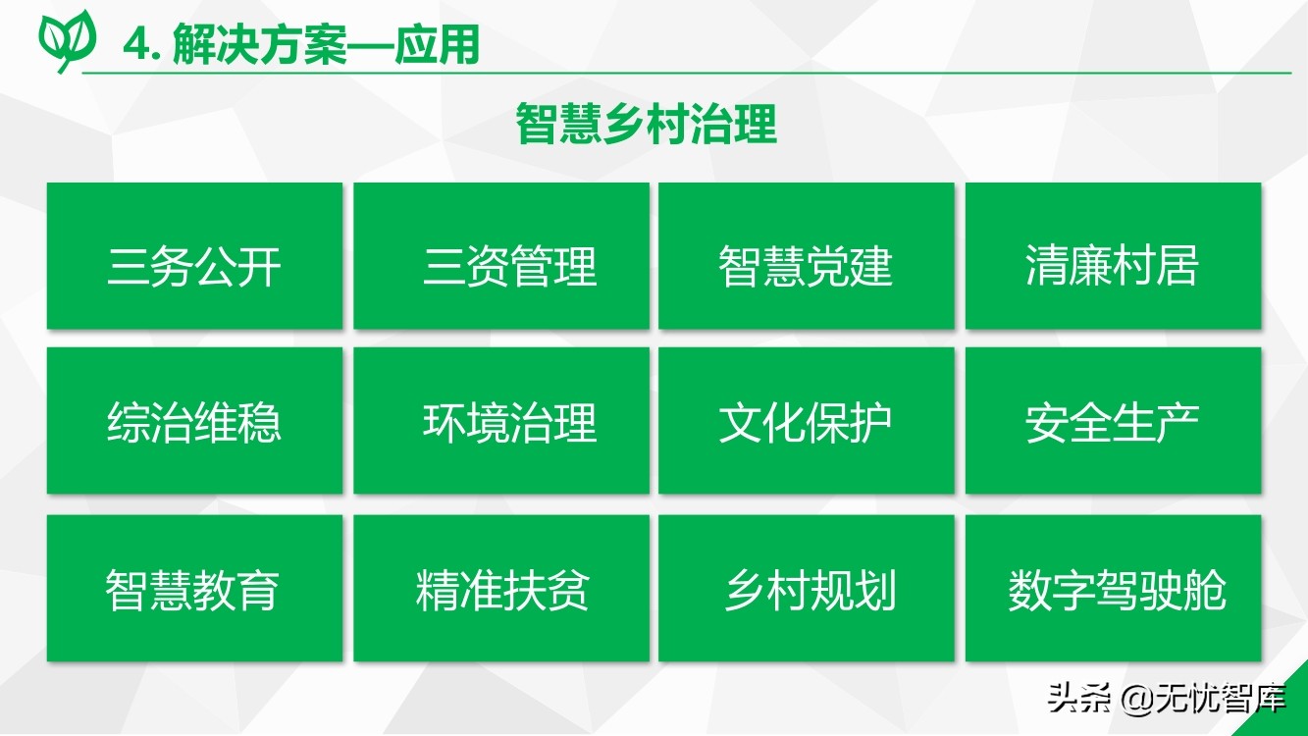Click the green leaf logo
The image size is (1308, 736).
[67, 41]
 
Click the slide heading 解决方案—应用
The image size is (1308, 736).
[326, 44]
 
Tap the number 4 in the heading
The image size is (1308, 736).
[136, 44]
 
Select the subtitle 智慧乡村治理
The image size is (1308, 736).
[647, 124]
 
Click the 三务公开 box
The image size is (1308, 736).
[194, 256]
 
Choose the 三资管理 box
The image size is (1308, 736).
[501, 256]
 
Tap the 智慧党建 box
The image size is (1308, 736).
[807, 256]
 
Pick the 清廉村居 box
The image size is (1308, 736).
[1113, 256]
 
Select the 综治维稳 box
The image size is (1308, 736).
[194, 421]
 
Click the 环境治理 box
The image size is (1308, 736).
[501, 421]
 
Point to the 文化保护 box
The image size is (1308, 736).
[807, 421]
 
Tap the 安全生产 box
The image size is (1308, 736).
[1113, 421]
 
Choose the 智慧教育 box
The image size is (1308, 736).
[194, 588]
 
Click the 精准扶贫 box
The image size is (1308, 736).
[501, 588]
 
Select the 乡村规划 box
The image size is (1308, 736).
[807, 588]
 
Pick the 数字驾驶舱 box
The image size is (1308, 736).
[1113, 588]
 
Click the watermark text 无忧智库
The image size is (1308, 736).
[1221, 698]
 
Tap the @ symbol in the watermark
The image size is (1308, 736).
[1137, 699]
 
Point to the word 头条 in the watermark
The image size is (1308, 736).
[1079, 698]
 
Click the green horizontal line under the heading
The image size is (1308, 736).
[686, 74]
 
